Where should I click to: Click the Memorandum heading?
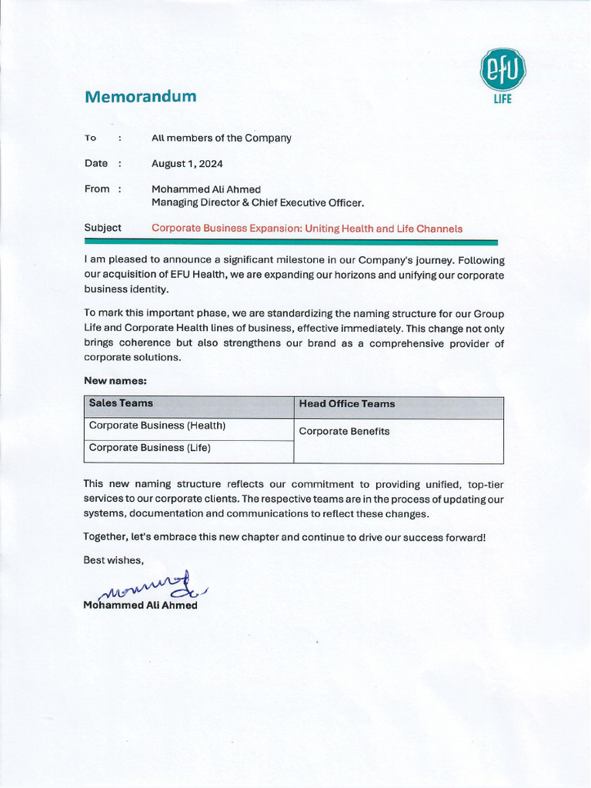tap(140, 97)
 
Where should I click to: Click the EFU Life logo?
tap(503, 75)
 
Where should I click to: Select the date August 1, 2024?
tap(187, 164)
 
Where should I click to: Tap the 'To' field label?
tap(91, 139)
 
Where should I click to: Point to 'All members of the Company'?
tap(222, 139)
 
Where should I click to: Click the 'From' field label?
tap(97, 189)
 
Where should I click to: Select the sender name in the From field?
tap(206, 189)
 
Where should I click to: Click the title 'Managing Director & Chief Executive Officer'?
tap(257, 203)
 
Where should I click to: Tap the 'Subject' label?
tap(102, 228)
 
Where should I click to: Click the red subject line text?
tap(307, 229)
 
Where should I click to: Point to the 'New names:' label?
tap(115, 380)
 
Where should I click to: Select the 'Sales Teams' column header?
tap(121, 403)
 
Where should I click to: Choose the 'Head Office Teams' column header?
tap(346, 404)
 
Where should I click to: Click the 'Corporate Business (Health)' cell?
tap(157, 426)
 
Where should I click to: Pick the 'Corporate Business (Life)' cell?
tap(149, 448)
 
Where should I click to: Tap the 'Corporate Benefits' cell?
tap(344, 432)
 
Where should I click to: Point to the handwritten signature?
tap(146, 588)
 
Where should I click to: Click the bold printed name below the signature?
tap(140, 606)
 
